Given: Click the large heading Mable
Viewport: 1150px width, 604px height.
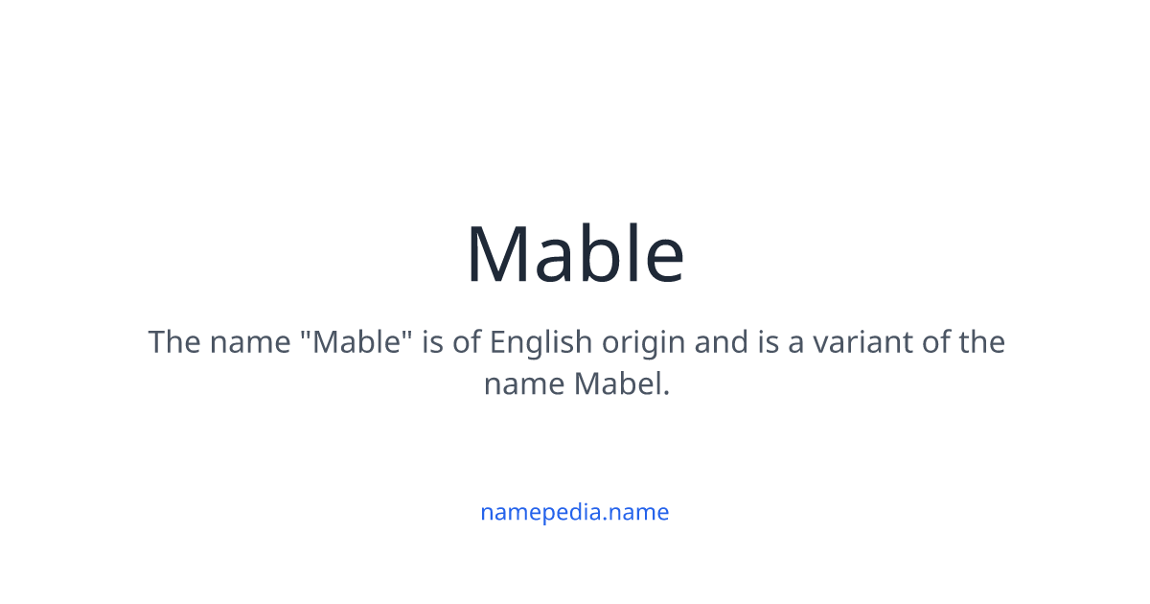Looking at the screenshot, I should pyautogui.click(x=575, y=254).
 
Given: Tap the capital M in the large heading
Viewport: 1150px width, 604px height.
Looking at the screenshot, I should pyautogui.click(x=500, y=254).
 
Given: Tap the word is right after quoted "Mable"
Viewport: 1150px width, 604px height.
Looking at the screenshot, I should pyautogui.click(x=432, y=342).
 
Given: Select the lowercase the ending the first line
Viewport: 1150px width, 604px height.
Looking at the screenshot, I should pyautogui.click(x=979, y=342).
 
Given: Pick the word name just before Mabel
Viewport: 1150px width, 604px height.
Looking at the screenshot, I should pyautogui.click(x=524, y=384).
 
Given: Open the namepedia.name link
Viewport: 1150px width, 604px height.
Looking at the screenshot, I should pyautogui.click(x=575, y=512).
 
